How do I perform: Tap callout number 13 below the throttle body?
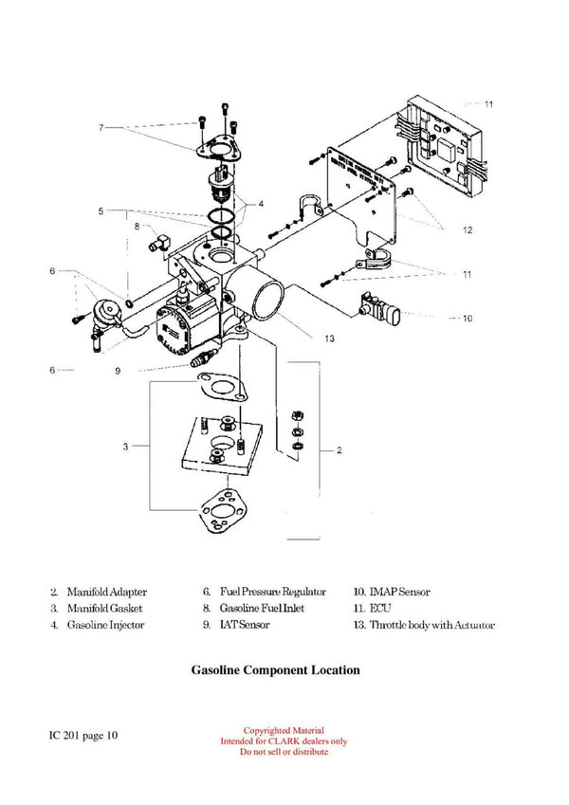[330, 337]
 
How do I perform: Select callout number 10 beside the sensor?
[466, 319]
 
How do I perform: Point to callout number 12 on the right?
[467, 230]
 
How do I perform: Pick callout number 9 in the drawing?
[118, 371]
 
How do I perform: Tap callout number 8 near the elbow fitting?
[137, 227]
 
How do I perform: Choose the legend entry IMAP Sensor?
[392, 592]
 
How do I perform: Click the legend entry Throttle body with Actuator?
[423, 625]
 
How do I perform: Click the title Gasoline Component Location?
[275, 670]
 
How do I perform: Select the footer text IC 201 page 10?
[84, 735]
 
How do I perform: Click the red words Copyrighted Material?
[284, 731]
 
